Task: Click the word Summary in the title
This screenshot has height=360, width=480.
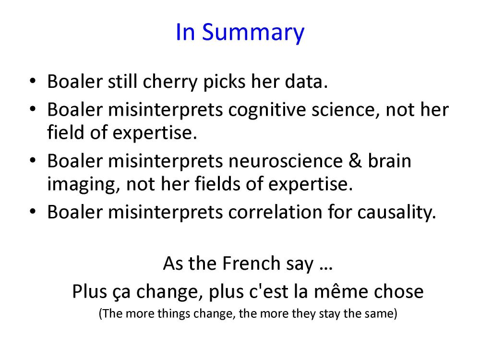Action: click(x=253, y=33)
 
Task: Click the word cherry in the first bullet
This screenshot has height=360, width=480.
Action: click(x=170, y=83)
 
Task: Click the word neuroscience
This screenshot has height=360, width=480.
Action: click(x=285, y=161)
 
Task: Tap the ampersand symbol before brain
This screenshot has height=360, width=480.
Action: click(x=355, y=161)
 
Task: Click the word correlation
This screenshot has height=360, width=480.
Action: click(x=275, y=212)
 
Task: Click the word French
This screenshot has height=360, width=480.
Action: click(x=251, y=263)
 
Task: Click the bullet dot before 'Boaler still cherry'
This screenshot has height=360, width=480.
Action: click(x=33, y=82)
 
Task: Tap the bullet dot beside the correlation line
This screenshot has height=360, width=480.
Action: click(x=33, y=212)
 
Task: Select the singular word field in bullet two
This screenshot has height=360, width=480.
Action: click(x=65, y=132)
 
